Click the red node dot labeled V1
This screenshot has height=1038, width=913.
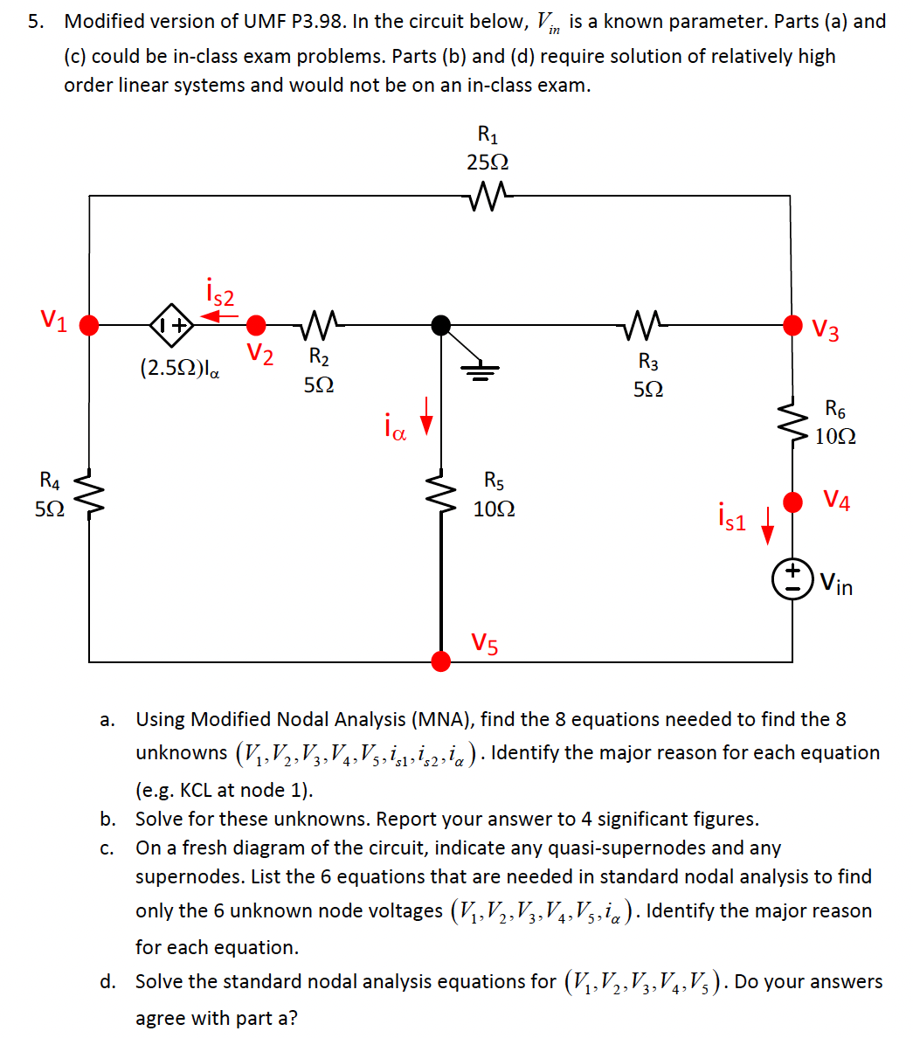tap(88, 325)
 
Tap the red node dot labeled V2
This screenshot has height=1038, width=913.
tap(255, 326)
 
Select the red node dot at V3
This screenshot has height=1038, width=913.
tap(792, 325)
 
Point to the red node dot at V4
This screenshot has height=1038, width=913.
tap(792, 502)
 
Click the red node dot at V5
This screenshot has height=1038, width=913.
tap(441, 661)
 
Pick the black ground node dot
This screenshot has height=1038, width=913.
tap(441, 325)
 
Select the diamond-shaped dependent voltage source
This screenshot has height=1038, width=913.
tap(171, 325)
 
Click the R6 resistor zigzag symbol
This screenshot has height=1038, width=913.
tap(792, 423)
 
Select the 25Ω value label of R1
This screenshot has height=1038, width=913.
tap(488, 163)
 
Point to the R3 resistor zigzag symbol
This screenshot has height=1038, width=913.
tap(647, 325)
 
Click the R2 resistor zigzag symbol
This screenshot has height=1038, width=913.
tap(320, 325)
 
